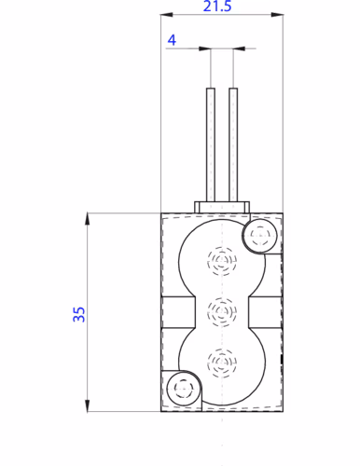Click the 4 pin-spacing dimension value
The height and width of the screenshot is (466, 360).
point(172,40)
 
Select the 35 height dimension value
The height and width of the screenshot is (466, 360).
point(79,313)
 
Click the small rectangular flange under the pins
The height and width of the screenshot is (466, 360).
point(222,206)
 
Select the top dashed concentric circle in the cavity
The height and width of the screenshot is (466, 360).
point(222,260)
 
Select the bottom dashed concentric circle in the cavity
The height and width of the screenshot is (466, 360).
point(222,360)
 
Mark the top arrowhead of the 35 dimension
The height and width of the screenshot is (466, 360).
point(89,218)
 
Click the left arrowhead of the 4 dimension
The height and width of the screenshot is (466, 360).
point(206,48)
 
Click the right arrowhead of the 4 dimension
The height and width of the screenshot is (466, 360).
point(237,48)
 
